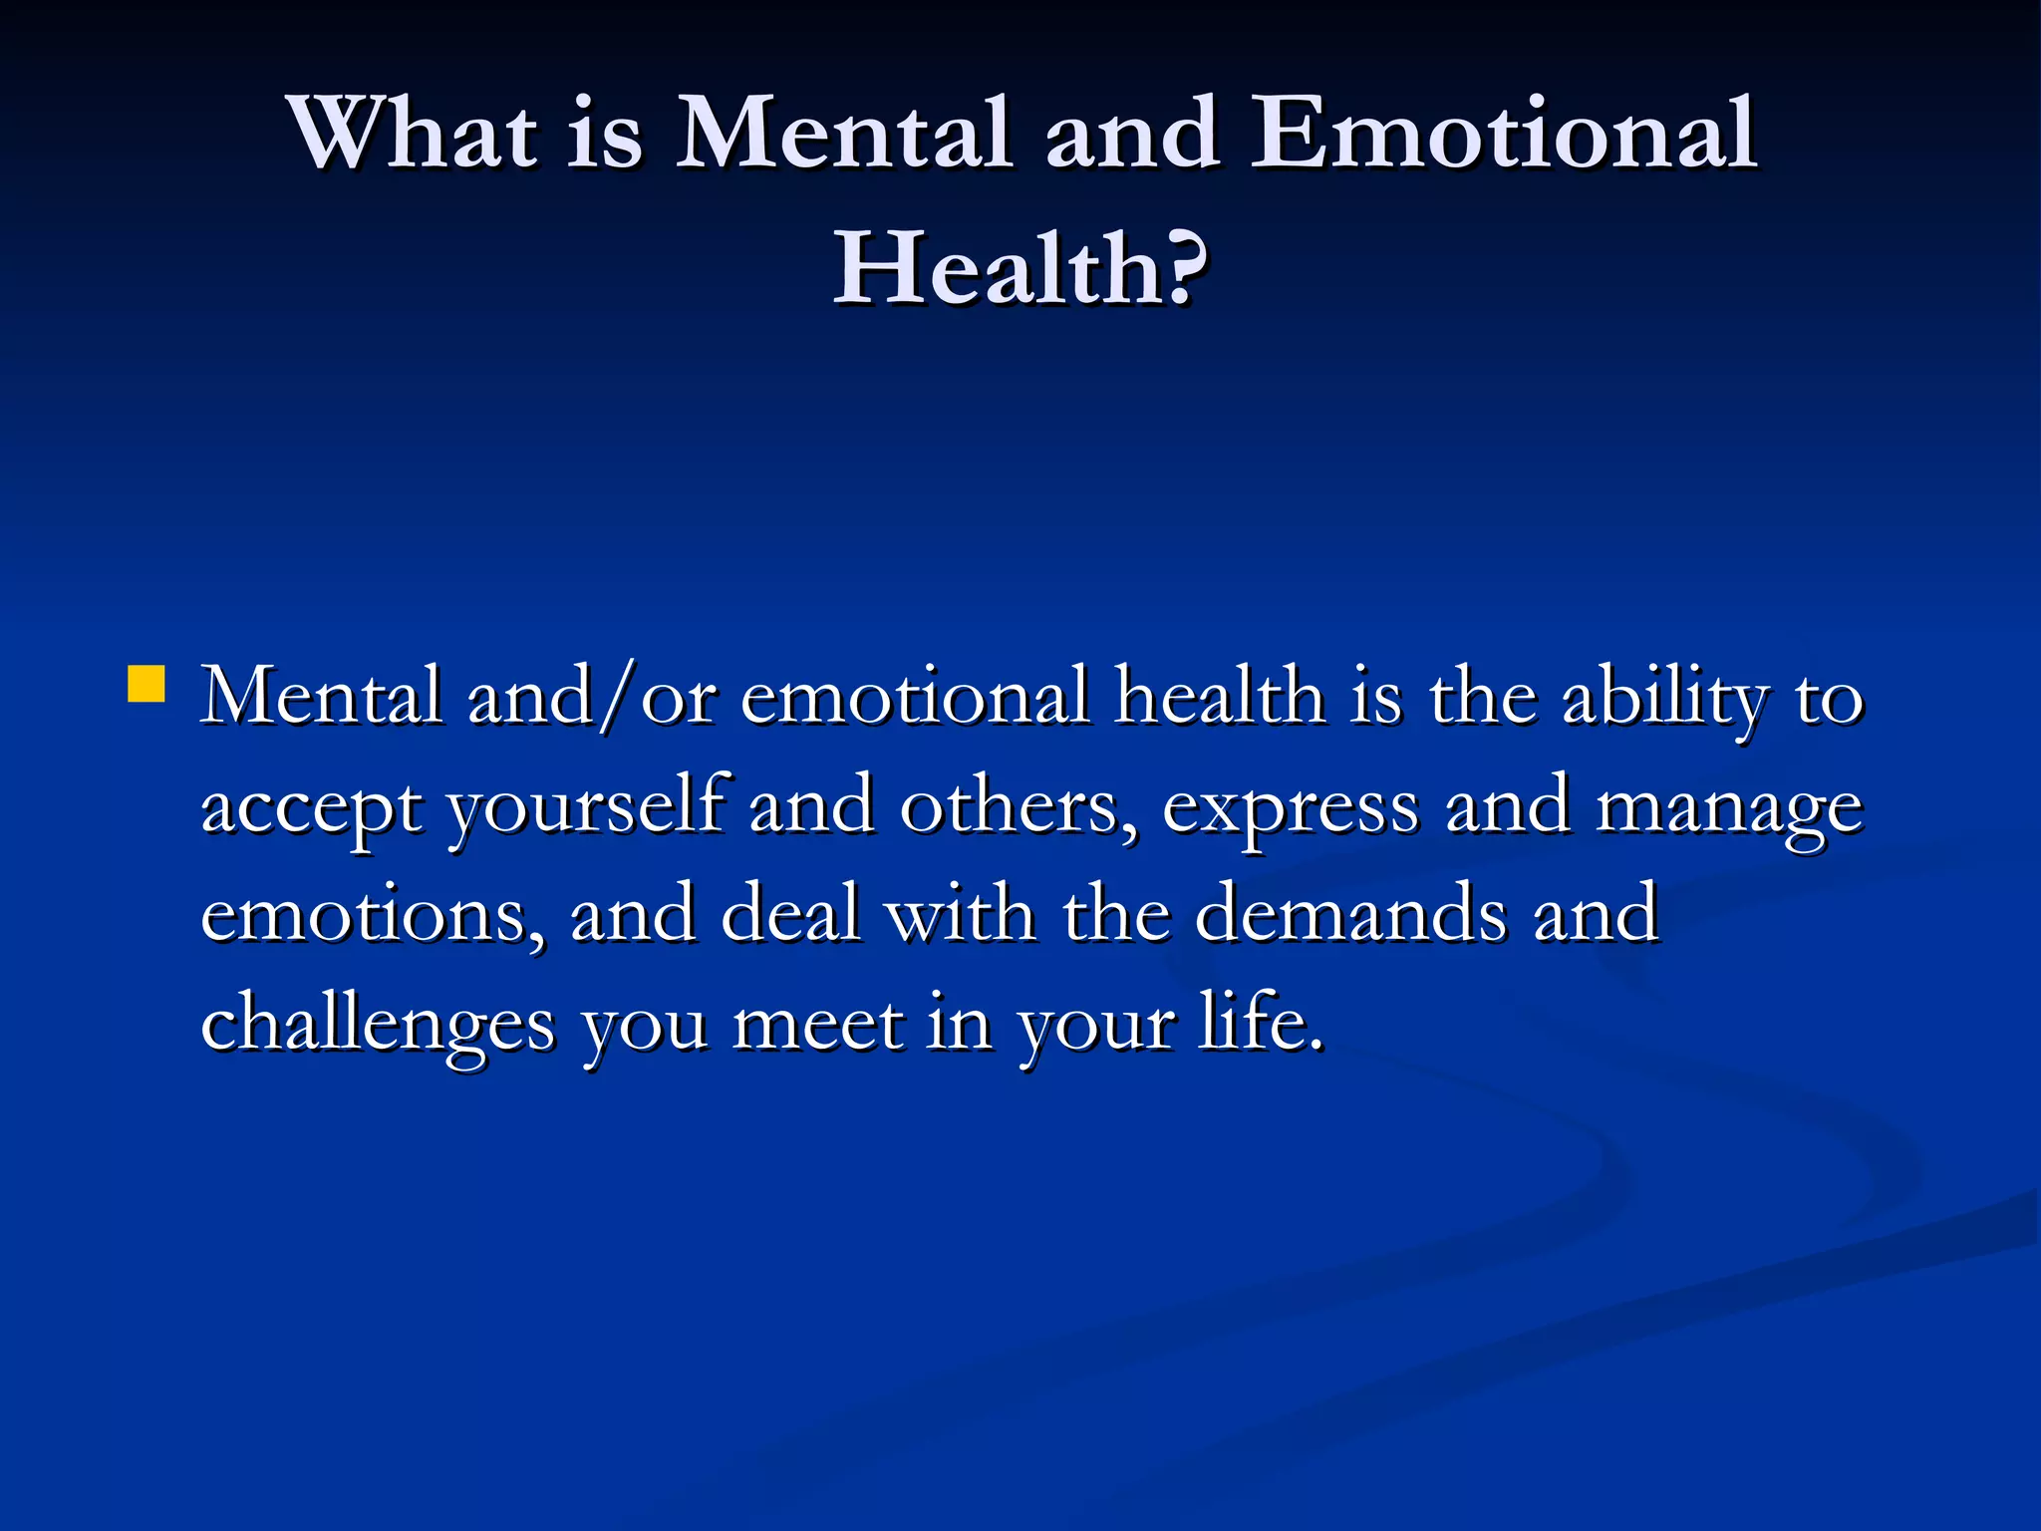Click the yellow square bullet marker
(x=146, y=685)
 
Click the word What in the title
(x=413, y=134)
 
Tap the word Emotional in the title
(x=1502, y=134)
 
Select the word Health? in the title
(x=1020, y=268)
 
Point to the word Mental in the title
(x=844, y=134)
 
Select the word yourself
(x=585, y=807)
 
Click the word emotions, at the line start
(x=374, y=915)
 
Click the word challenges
(x=378, y=1024)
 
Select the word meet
(x=817, y=1024)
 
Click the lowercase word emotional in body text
(x=915, y=697)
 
